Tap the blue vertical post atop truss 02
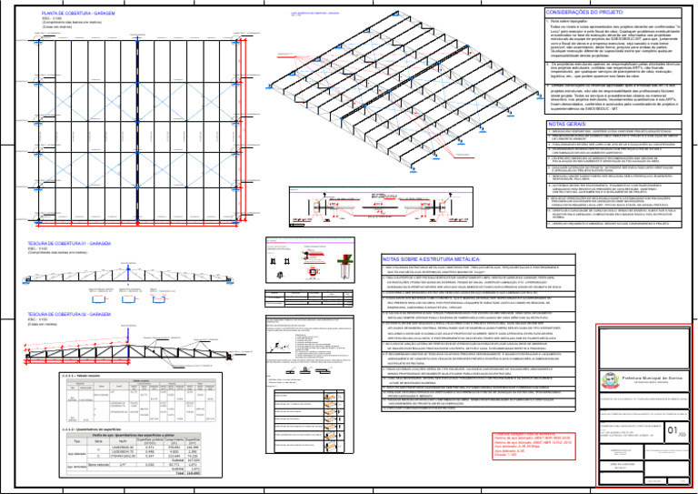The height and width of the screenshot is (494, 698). point(125,305)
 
